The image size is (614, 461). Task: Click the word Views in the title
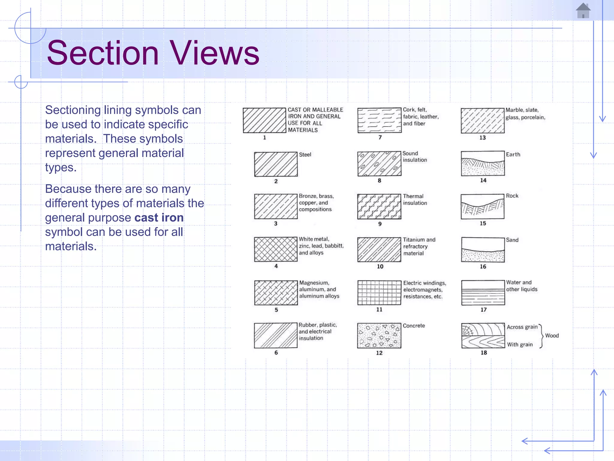click(214, 53)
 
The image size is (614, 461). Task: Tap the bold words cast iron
click(159, 218)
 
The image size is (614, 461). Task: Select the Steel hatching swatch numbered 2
click(276, 164)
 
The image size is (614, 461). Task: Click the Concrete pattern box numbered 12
click(379, 336)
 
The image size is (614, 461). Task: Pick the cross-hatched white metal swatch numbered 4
click(276, 249)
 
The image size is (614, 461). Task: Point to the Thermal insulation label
click(415, 200)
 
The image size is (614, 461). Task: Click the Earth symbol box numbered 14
click(483, 164)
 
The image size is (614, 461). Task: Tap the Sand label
click(512, 240)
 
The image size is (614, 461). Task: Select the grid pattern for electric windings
click(379, 293)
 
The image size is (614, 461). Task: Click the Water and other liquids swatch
click(483, 293)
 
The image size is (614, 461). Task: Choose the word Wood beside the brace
click(552, 336)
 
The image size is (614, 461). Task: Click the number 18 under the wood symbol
click(484, 353)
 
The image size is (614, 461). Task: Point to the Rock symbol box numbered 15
click(482, 206)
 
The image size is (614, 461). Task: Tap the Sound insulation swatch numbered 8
click(379, 164)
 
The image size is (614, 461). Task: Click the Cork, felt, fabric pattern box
click(379, 120)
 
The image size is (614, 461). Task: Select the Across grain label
click(522, 327)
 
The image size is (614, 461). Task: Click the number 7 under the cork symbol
click(380, 137)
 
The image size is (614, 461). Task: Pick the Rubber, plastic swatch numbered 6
click(276, 336)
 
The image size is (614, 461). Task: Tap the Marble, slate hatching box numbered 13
click(482, 121)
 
